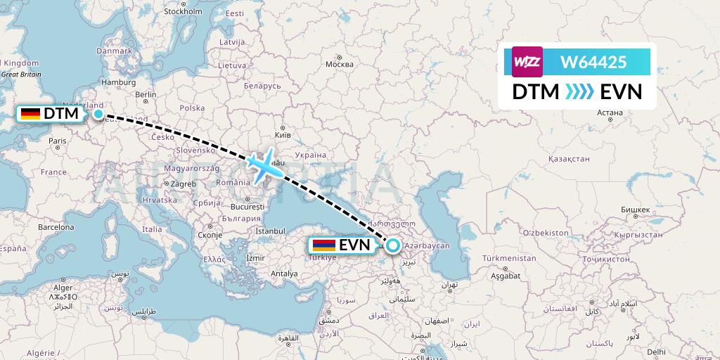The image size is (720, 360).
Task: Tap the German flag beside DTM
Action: coord(30,113)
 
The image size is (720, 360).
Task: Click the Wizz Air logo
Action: coord(527,62)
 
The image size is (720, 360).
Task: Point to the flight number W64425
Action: coord(593,63)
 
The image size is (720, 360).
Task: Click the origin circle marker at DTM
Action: coord(98,114)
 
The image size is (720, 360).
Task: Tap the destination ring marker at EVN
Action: coord(393,245)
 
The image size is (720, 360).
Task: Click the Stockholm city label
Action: coord(183,11)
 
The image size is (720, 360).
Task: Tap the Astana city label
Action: coord(609,112)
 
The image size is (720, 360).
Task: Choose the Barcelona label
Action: coord(56,227)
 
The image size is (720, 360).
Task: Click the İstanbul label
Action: coord(270,231)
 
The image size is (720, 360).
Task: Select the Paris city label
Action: coord(57,141)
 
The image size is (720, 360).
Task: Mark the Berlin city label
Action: coord(146,94)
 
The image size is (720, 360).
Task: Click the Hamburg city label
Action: coord(118,82)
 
